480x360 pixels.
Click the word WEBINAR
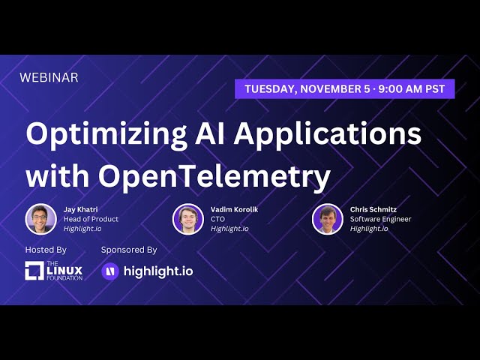coord(49,77)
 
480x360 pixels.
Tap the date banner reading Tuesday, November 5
coord(345,88)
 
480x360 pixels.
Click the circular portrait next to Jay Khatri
coord(40,219)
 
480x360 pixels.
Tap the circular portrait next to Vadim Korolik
coord(187,219)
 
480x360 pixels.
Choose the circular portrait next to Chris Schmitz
coord(328,219)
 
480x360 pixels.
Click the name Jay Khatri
coord(80,209)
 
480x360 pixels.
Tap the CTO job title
coord(218,219)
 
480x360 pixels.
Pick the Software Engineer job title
coord(380,219)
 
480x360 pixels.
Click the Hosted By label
coord(46,249)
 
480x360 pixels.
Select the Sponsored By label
coord(129,249)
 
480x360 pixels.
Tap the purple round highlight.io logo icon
coord(110,271)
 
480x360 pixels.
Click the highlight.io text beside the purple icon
coord(157,271)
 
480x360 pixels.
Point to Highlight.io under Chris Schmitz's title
coord(369,229)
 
